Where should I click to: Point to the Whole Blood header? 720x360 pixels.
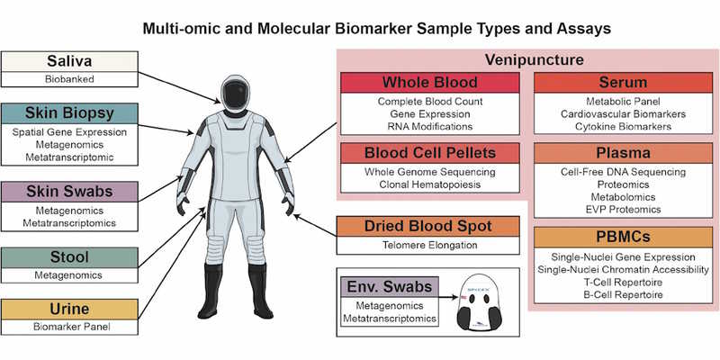click(429, 84)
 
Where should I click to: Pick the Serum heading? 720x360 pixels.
click(617, 84)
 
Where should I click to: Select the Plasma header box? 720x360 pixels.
click(617, 153)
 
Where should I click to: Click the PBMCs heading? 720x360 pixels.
click(617, 238)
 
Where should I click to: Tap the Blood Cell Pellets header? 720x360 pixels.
click(429, 153)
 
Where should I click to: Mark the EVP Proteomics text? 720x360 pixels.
click(617, 210)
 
